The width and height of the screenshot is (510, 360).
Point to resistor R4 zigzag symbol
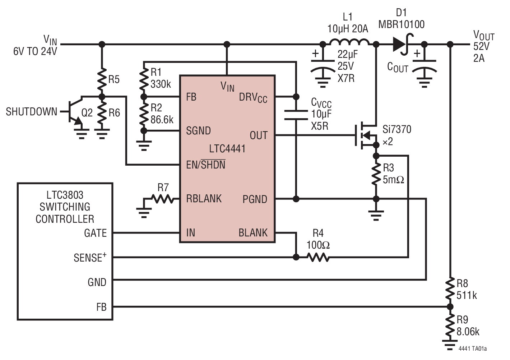pyautogui.click(x=318, y=257)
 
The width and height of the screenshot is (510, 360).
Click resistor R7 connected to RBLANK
pyautogui.click(x=162, y=199)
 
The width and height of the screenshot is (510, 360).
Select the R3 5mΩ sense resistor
pyautogui.click(x=376, y=174)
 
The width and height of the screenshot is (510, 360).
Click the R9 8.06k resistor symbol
pyautogui.click(x=450, y=325)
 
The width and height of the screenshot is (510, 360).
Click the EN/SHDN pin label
pyautogui.click(x=205, y=165)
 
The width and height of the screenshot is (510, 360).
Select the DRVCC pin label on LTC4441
pyautogui.click(x=253, y=98)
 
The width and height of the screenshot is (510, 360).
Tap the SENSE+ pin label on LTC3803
pyautogui.click(x=90, y=258)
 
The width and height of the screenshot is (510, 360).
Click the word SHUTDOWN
pyautogui.click(x=32, y=112)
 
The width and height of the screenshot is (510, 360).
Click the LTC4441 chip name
pyautogui.click(x=227, y=149)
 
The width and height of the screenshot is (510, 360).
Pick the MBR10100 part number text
pyautogui.click(x=401, y=24)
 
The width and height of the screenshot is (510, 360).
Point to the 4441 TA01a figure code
pyautogui.click(x=473, y=349)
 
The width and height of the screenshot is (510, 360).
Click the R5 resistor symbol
pyautogui.click(x=102, y=78)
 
